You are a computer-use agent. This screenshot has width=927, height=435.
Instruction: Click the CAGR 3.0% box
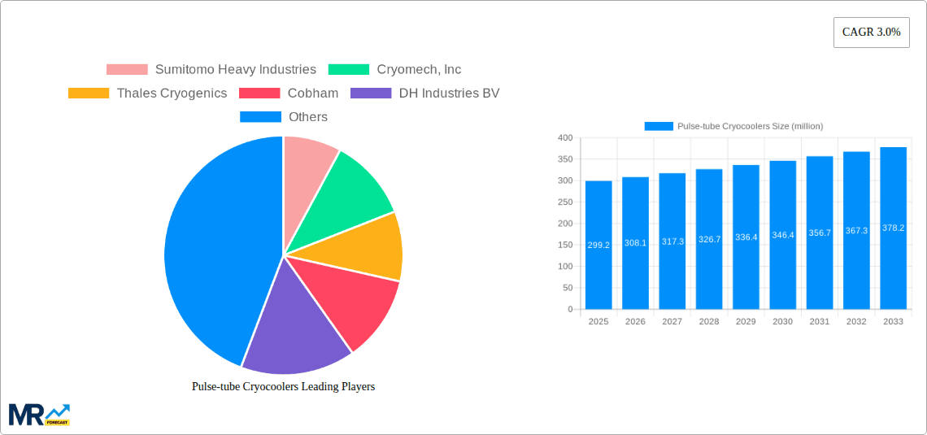click(871, 33)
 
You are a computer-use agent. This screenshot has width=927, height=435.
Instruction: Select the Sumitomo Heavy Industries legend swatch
click(127, 70)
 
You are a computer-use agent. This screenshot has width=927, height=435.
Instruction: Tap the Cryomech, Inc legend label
click(419, 70)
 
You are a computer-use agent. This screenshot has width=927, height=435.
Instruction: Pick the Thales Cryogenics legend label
click(172, 94)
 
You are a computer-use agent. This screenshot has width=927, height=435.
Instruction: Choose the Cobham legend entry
click(312, 94)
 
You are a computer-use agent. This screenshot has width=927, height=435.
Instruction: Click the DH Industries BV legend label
click(449, 94)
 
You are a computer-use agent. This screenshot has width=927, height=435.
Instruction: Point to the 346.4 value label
click(782, 235)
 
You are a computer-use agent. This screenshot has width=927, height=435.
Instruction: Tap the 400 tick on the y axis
click(564, 137)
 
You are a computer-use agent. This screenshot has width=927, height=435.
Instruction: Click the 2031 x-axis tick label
click(819, 322)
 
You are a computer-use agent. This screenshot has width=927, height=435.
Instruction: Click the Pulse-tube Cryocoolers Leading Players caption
click(283, 387)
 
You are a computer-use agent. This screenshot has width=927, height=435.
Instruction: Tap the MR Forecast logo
click(39, 414)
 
